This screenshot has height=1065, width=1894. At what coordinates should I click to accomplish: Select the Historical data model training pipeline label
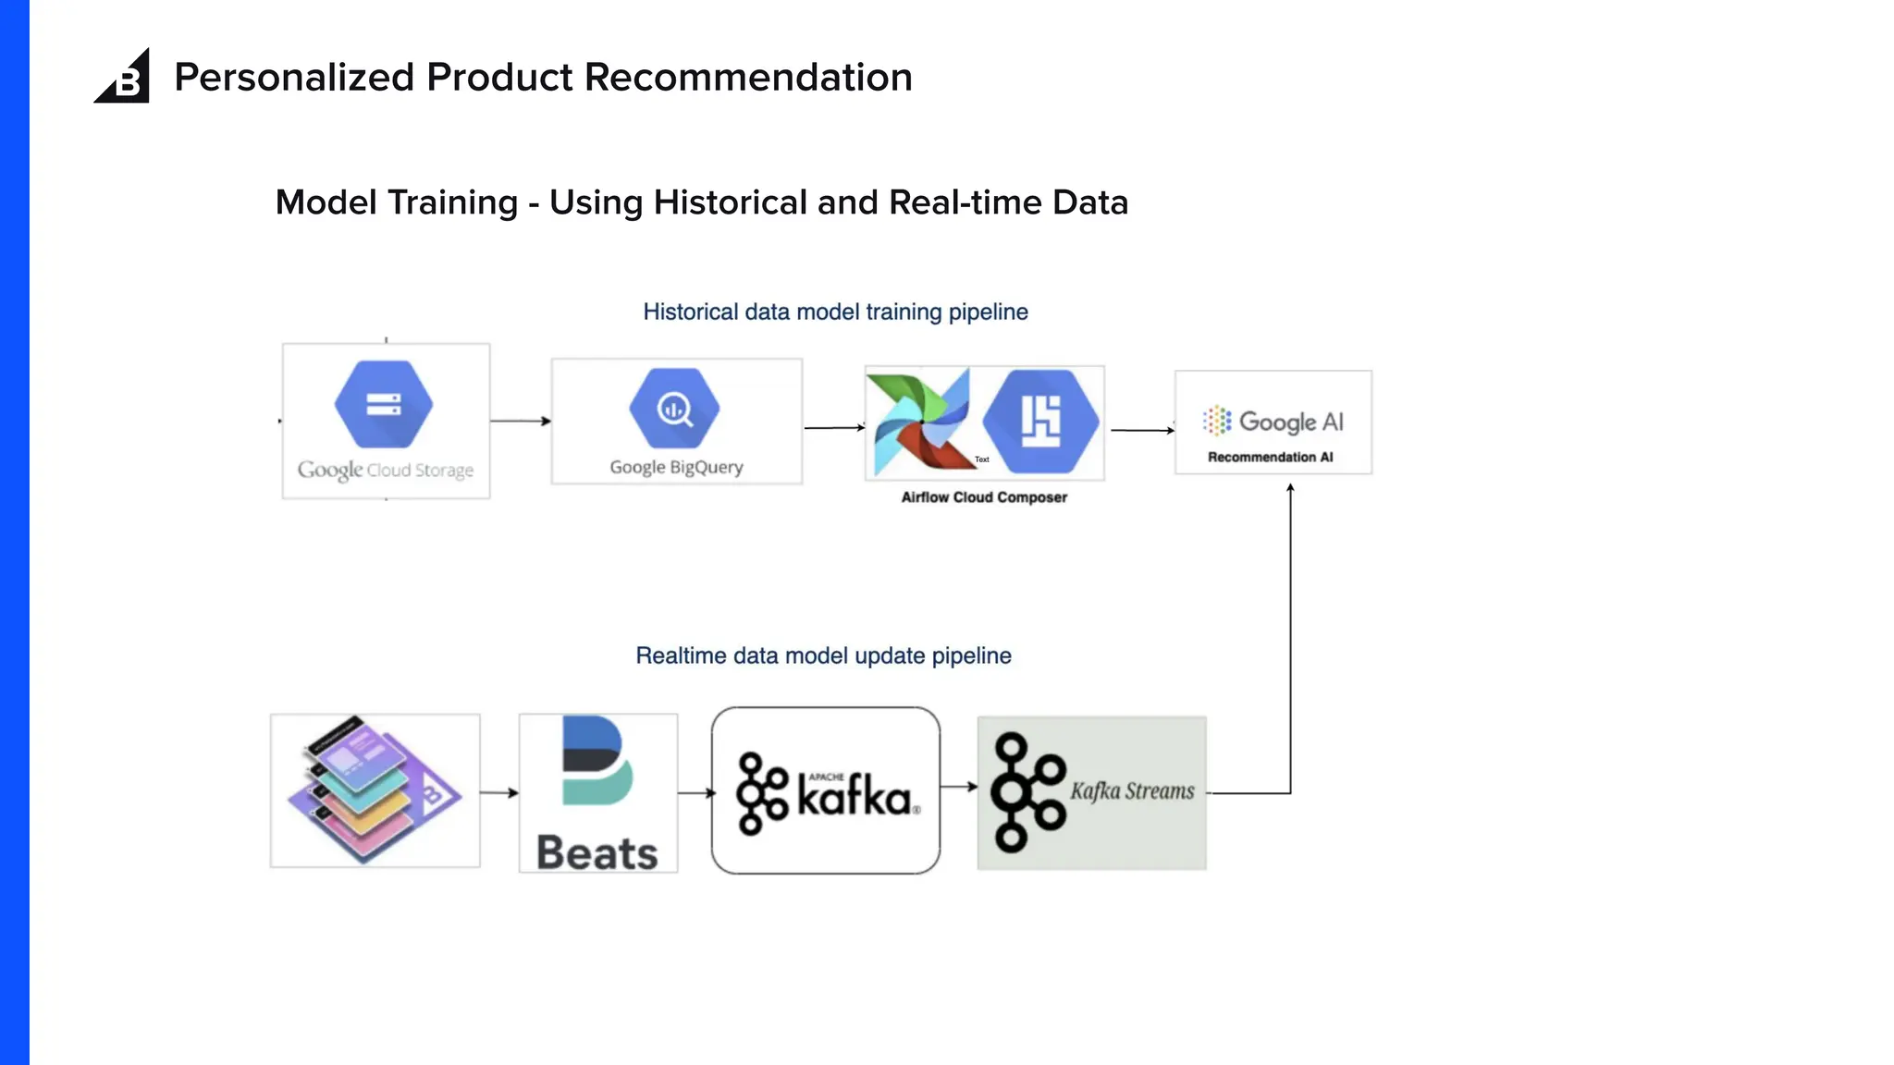pyautogui.click(x=835, y=312)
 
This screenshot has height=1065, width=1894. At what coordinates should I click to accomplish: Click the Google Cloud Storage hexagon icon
pyautogui.click(x=384, y=405)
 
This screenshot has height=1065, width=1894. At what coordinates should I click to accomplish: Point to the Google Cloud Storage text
pyautogui.click(x=386, y=470)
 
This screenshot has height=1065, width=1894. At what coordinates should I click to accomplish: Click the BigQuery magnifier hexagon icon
pyautogui.click(x=674, y=409)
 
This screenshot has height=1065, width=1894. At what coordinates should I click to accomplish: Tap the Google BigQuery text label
pyautogui.click(x=676, y=468)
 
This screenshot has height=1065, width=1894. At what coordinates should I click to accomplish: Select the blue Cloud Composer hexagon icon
pyautogui.click(x=1040, y=422)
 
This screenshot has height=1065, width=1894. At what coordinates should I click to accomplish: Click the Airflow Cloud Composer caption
pyautogui.click(x=984, y=497)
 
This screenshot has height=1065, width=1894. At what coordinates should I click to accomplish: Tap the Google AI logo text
pyautogui.click(x=1290, y=422)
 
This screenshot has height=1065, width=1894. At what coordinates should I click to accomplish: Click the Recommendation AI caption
pyautogui.click(x=1270, y=458)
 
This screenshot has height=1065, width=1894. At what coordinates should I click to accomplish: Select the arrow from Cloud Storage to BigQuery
pyautogui.click(x=521, y=422)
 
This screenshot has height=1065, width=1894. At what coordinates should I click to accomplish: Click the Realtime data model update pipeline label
pyautogui.click(x=823, y=656)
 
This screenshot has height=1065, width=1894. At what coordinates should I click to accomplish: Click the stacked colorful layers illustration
pyautogui.click(x=374, y=790)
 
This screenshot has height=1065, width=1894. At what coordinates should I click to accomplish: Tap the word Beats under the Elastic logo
pyautogui.click(x=597, y=852)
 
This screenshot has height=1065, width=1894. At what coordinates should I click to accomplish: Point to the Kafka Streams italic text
pyautogui.click(x=1132, y=791)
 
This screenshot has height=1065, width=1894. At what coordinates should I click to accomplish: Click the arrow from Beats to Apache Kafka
pyautogui.click(x=695, y=793)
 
